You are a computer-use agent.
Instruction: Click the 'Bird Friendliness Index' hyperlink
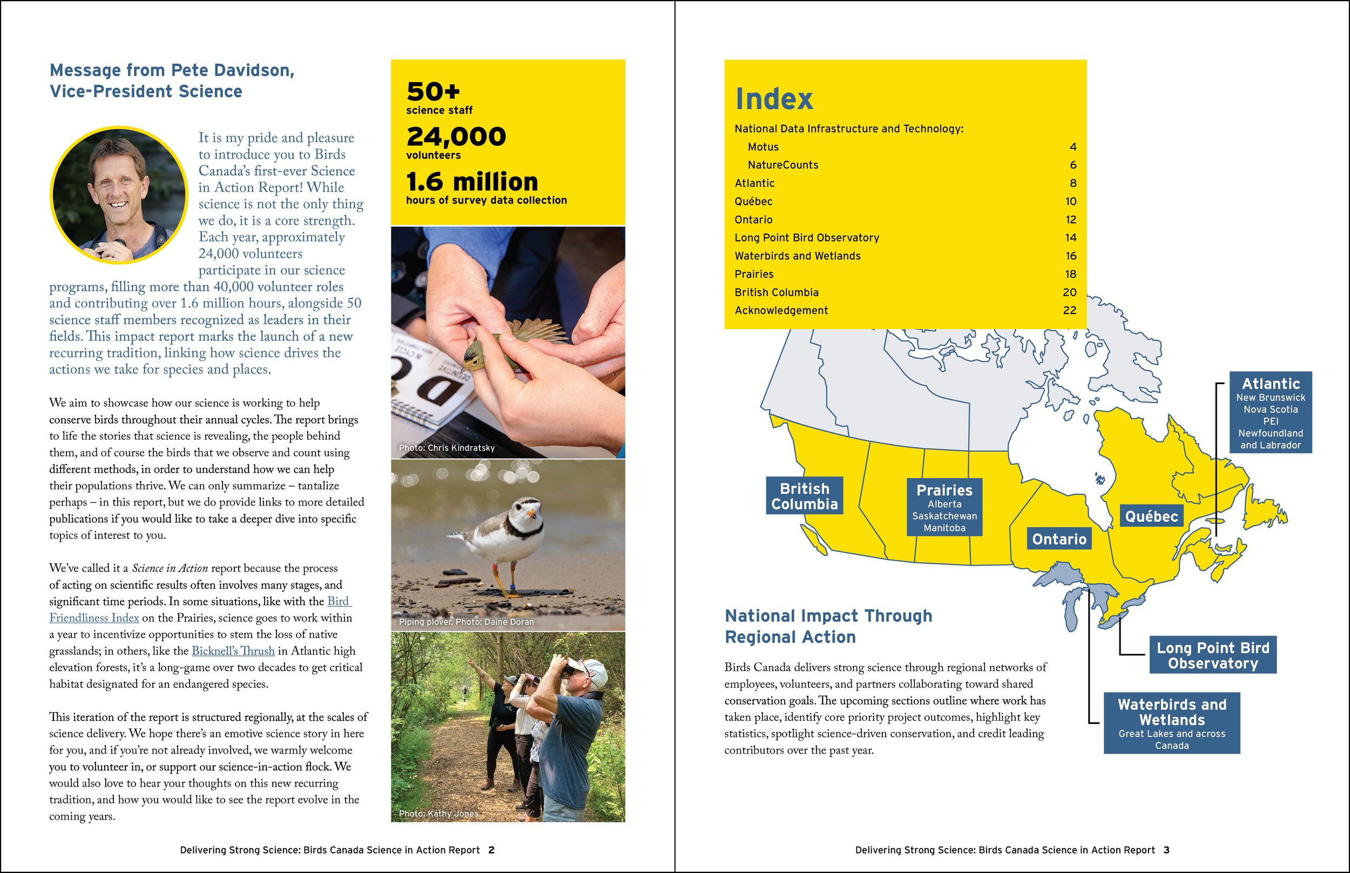[93, 618]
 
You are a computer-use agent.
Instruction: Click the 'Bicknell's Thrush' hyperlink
[233, 651]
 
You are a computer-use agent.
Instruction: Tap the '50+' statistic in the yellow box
[433, 92]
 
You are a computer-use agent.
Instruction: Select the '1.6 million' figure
[472, 182]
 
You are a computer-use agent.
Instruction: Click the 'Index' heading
[774, 99]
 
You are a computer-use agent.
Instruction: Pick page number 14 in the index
[1070, 237]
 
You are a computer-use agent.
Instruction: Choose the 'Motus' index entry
[763, 147]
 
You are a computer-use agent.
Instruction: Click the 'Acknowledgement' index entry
[781, 310]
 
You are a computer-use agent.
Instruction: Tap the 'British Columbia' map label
[804, 496]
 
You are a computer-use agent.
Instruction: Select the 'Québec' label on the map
[1151, 516]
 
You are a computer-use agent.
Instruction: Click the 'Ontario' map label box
[1058, 539]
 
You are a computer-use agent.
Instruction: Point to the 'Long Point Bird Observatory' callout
[1212, 656]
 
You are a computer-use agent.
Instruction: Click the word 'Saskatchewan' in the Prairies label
[944, 516]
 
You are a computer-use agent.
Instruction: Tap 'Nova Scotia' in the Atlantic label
[1270, 410]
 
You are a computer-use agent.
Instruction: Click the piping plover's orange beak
[531, 514]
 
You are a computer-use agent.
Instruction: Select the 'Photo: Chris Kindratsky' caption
[447, 448]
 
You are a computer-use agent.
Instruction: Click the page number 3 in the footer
[1166, 850]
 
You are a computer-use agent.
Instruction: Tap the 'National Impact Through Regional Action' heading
[828, 626]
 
